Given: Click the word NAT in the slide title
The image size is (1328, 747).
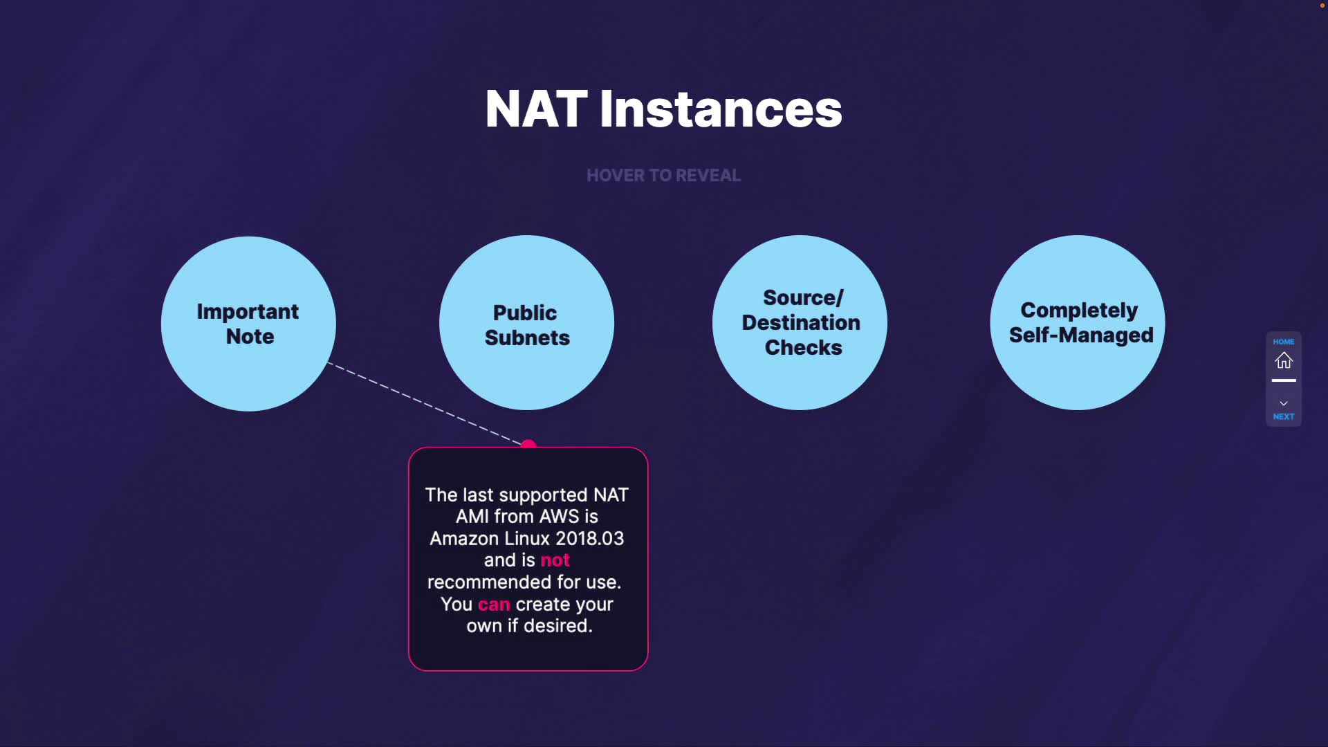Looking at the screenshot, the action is pos(536,109).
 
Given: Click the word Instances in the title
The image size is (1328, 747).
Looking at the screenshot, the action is pos(721,109).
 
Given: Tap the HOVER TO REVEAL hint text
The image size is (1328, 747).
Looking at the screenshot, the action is pos(663,176).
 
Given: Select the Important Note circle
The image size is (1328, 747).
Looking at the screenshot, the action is pos(248,324).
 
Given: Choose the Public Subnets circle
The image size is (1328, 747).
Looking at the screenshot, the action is pos(526,324).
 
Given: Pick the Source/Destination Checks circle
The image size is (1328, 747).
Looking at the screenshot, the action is pos(800,323).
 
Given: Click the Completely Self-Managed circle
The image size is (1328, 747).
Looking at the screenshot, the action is pos(1078,323).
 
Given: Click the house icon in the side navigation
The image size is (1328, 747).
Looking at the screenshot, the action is pos(1284,360).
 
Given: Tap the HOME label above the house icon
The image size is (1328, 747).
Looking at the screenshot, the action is pos(1284,342).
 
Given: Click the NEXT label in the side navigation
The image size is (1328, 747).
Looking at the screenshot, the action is pos(1284,416).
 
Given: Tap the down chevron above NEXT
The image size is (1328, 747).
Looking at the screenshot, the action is pos(1284,403).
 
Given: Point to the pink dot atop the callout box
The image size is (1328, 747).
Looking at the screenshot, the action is pos(528,444).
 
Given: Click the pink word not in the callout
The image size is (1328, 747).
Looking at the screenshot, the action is pos(555,560).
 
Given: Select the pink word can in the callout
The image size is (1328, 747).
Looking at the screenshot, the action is pos(494,605).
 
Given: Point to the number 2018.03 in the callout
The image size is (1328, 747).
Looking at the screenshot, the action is pos(589,538).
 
